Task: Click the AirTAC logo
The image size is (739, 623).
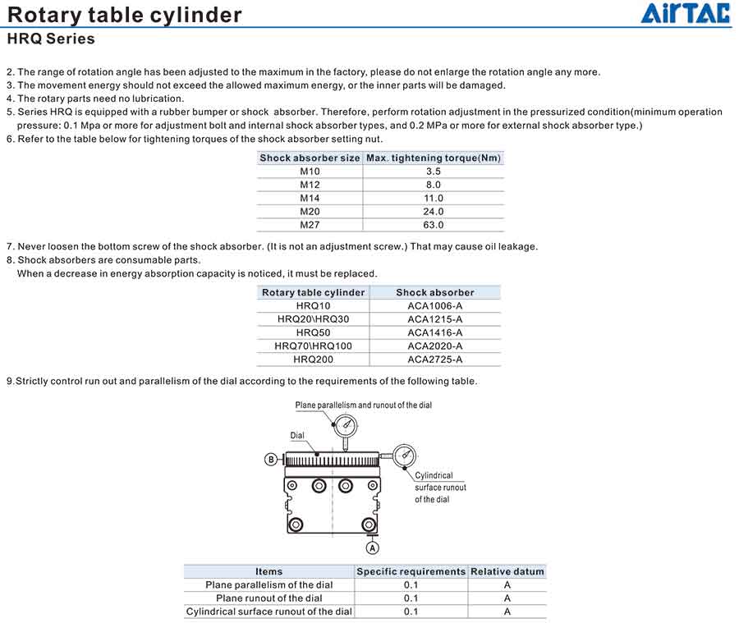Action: (685, 13)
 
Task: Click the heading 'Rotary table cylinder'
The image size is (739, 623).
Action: (125, 15)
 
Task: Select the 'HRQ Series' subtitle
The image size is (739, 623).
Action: (51, 39)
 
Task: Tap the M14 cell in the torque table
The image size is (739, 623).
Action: (310, 198)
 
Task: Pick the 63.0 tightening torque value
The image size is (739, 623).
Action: (434, 225)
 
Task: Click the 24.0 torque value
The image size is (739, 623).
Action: (434, 212)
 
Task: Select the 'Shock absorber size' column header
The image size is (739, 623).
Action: (310, 158)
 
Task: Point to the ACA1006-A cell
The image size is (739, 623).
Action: (434, 306)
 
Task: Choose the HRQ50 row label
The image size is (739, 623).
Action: (313, 332)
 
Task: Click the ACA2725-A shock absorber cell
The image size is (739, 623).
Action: (434, 359)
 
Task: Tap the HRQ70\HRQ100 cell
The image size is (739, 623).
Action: (313, 346)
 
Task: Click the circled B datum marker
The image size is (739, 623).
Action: (271, 460)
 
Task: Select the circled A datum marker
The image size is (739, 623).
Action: (372, 547)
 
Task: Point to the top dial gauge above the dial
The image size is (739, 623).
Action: (347, 424)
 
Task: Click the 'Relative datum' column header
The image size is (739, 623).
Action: (507, 571)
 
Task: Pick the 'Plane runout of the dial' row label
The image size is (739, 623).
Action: (269, 598)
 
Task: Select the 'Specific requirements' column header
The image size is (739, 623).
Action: (411, 571)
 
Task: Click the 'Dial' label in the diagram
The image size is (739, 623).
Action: (297, 435)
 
